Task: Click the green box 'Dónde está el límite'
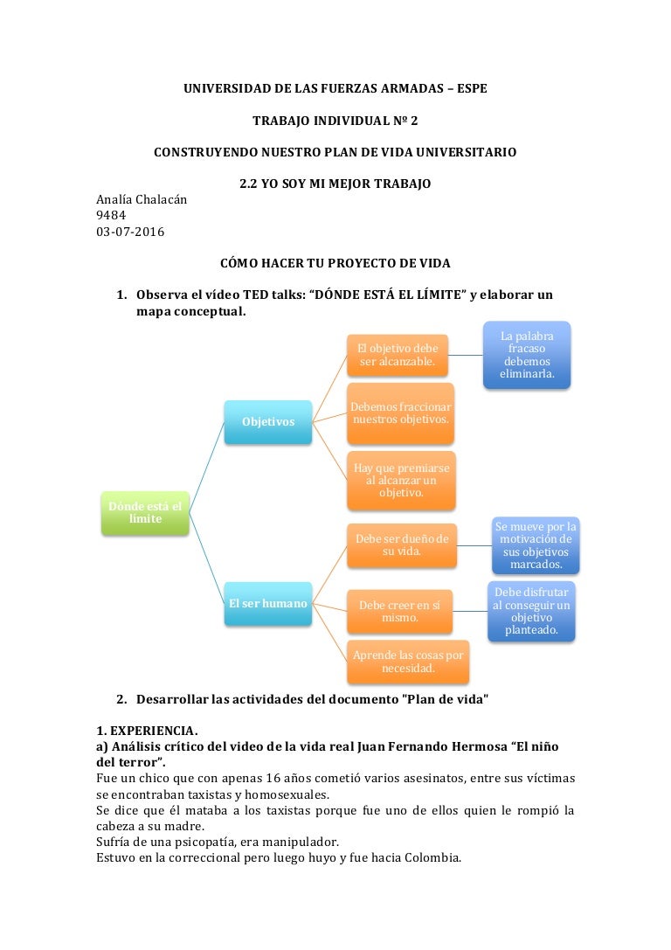coord(145,513)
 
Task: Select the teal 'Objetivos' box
coord(268,422)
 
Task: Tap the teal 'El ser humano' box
coord(268,604)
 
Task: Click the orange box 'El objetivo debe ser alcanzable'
coord(398,355)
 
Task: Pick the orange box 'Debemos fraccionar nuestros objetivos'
coord(400,413)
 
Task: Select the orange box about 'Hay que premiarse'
coord(401,481)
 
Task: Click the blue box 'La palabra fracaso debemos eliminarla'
coord(527,355)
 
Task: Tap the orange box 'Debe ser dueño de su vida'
coord(402,545)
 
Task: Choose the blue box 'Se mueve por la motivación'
coord(536,545)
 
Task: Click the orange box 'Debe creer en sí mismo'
coord(399,611)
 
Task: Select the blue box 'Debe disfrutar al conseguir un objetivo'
coord(531,611)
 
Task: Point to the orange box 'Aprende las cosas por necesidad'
coord(408,662)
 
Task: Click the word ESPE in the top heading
coord(473,88)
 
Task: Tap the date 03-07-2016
coord(130,232)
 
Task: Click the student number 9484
coord(111,215)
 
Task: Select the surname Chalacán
coord(161,199)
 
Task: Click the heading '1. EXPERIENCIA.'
coord(147,731)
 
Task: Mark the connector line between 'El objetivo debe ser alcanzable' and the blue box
coord(466,355)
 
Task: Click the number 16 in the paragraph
coord(273,779)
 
